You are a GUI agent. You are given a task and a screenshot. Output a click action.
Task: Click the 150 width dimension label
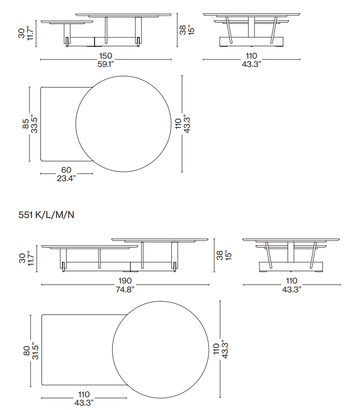point(106,56)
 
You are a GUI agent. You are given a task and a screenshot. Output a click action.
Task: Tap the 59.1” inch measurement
point(106,64)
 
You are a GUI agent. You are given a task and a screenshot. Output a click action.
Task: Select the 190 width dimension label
point(125,281)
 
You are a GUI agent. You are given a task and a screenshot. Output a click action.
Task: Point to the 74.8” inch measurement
point(125,289)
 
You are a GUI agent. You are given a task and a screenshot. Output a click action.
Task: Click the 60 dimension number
point(66,170)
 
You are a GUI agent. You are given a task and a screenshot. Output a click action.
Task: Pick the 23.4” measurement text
point(66,178)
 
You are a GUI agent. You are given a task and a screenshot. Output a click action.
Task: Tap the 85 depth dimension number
point(26,124)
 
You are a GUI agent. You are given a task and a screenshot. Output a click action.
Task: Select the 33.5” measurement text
point(34,124)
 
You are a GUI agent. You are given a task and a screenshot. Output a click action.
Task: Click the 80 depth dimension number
point(27,350)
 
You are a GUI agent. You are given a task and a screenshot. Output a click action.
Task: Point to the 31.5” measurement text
point(35,350)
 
